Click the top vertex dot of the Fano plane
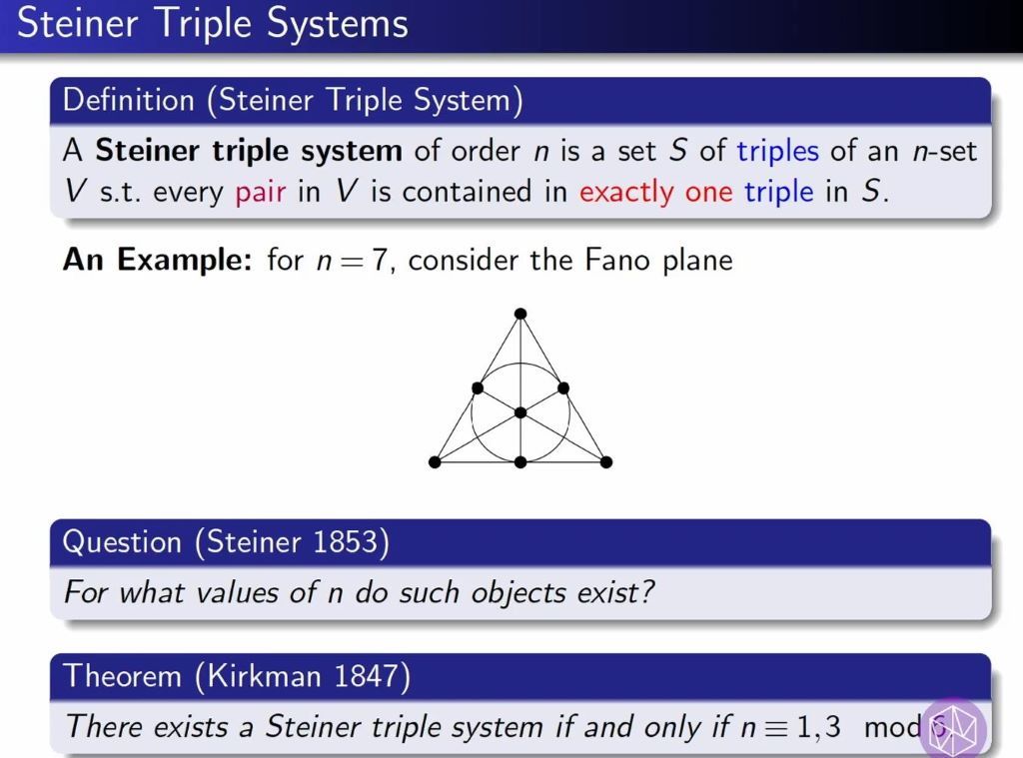(519, 315)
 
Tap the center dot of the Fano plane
(519, 412)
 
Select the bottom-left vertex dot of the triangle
(435, 461)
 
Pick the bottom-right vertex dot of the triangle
(606, 461)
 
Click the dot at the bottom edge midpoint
(519, 461)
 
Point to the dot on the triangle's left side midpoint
(477, 387)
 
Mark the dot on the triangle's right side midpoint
(562, 387)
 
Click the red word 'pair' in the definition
(261, 192)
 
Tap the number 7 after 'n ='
(379, 262)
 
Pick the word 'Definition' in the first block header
(128, 100)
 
